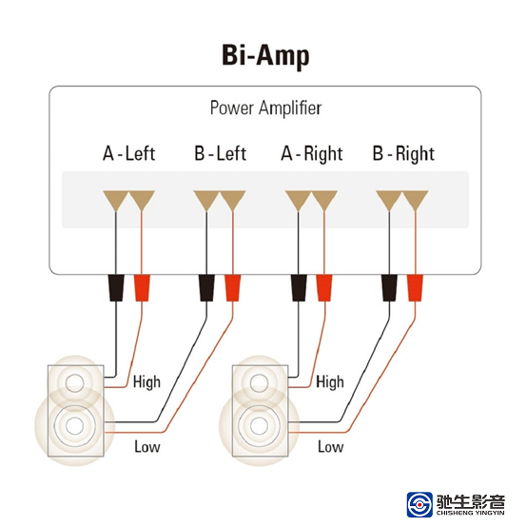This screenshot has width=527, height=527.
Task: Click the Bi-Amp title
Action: pos(265,56)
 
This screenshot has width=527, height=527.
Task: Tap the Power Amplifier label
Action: pos(265,108)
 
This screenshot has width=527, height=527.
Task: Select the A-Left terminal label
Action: pos(129,153)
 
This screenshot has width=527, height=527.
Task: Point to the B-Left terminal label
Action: pos(220,153)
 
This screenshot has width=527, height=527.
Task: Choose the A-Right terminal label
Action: pos(312,154)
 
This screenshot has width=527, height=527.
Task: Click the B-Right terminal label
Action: pos(403,154)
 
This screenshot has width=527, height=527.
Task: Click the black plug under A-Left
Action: pos(116,288)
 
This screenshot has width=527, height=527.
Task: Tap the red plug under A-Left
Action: pos(142,288)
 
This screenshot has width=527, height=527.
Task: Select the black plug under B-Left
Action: pos(206,288)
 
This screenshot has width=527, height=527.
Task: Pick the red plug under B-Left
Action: pos(232,288)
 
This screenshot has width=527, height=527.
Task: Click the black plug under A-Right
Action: pos(299,288)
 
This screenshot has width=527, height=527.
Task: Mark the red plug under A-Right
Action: pos(324,288)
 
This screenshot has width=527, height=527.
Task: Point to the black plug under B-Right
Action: pos(389,288)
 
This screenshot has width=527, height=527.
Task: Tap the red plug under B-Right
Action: pos(415,288)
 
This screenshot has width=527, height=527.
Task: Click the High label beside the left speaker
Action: pos(146,382)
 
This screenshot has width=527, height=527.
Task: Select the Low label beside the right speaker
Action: pos(331,447)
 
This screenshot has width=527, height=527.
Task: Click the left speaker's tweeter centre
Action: pos(74,382)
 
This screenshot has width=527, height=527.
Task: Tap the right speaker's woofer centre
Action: pos(259,425)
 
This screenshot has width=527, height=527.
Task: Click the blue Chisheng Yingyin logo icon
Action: pos(420,504)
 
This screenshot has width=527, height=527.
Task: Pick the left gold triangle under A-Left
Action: pos(116,201)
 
